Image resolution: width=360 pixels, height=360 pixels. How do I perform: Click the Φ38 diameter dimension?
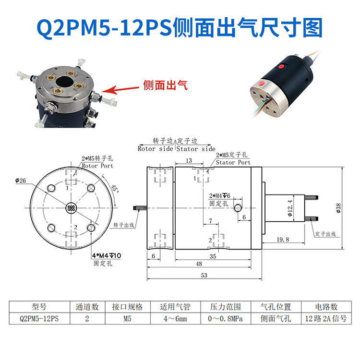[x=339, y=207]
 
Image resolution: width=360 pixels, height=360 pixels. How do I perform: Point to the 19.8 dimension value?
[x=283, y=239]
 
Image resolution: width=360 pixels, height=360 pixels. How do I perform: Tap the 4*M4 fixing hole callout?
[x=107, y=256]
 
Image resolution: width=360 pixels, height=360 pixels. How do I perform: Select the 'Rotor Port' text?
[x=97, y=166]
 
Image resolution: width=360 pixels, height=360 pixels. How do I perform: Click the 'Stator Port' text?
[x=233, y=162]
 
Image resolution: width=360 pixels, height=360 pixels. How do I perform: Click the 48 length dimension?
[x=212, y=264]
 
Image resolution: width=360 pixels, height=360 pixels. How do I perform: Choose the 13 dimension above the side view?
[x=189, y=160]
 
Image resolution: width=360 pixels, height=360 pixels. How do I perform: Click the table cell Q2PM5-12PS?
[x=39, y=318]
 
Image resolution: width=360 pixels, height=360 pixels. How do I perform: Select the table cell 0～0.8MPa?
[x=224, y=318]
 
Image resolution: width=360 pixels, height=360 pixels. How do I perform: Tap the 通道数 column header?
[x=87, y=307]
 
